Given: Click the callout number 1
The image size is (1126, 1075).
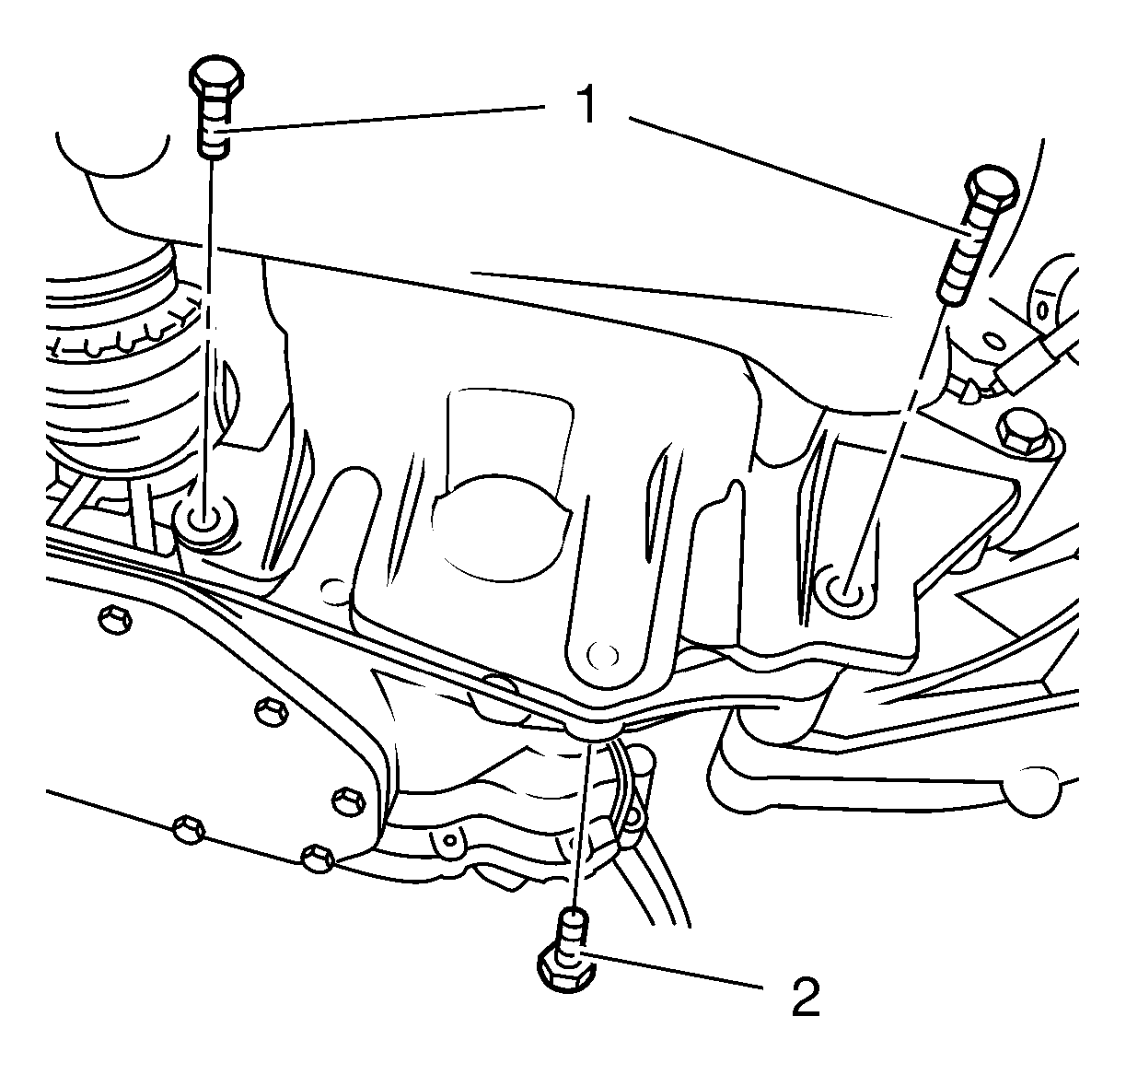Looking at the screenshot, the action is pyautogui.click(x=587, y=104).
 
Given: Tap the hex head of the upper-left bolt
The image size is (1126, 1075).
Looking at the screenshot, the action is pyautogui.click(x=216, y=78).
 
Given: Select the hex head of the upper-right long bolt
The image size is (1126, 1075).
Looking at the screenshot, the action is pyautogui.click(x=992, y=187).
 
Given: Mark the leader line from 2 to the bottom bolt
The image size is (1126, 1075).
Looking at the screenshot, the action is pyautogui.click(x=670, y=971).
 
